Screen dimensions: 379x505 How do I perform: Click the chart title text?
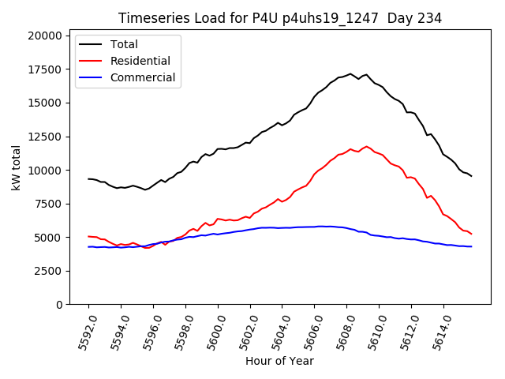point(280,18)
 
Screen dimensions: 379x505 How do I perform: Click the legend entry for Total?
point(124,44)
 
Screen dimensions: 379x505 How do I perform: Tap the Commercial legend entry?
point(143,77)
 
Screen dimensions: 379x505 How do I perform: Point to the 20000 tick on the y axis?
point(43,36)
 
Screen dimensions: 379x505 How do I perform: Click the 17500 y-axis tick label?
point(43,69)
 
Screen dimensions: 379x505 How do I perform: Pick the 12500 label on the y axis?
point(43,137)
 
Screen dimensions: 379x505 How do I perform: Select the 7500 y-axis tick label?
point(47,204)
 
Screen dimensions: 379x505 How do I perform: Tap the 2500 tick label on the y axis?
point(47,271)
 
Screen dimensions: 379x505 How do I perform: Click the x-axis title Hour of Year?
point(279,361)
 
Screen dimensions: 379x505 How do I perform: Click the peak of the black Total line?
point(350,73)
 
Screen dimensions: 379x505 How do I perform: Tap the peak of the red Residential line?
point(366,146)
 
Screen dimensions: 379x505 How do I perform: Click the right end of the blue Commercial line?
point(471,247)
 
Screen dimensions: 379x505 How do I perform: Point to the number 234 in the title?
point(430,18)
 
